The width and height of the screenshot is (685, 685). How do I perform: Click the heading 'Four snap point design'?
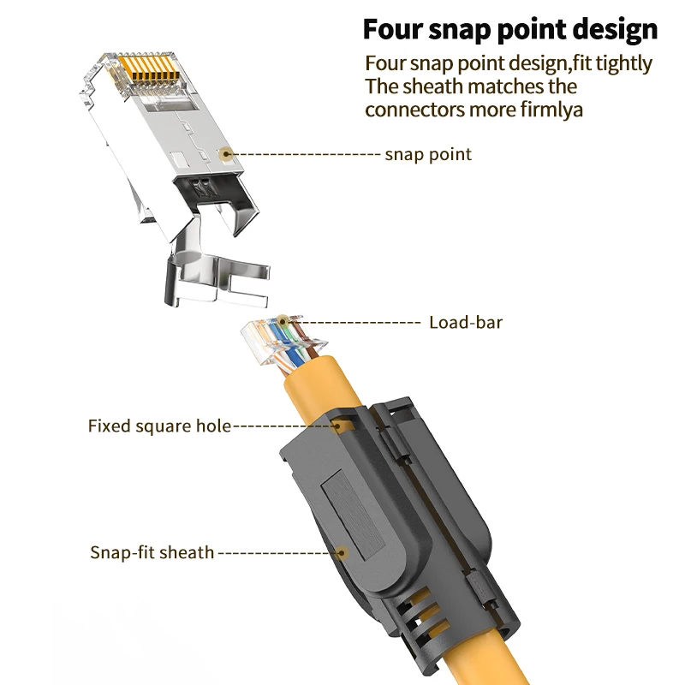coord(510,29)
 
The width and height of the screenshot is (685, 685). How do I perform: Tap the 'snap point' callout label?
coord(428,155)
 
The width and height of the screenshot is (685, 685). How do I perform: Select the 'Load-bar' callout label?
coord(465,323)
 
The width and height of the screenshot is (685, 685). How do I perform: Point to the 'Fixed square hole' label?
coord(159,426)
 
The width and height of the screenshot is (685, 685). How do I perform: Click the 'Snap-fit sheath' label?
coord(152,552)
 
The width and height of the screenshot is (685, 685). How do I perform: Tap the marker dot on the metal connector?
coord(226,154)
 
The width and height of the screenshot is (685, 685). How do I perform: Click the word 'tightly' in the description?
coord(621,63)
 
